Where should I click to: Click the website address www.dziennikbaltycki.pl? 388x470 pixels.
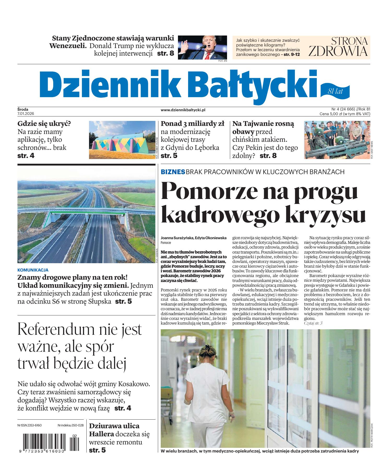(x=183, y=110)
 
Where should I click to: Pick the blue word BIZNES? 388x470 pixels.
(x=173, y=172)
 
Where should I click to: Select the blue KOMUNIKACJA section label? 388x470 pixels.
(x=33, y=270)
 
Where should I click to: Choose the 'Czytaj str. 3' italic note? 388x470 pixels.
(x=313, y=323)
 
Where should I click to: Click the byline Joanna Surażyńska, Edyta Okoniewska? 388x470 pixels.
(x=194, y=238)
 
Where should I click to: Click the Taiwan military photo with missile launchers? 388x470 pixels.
(x=336, y=140)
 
